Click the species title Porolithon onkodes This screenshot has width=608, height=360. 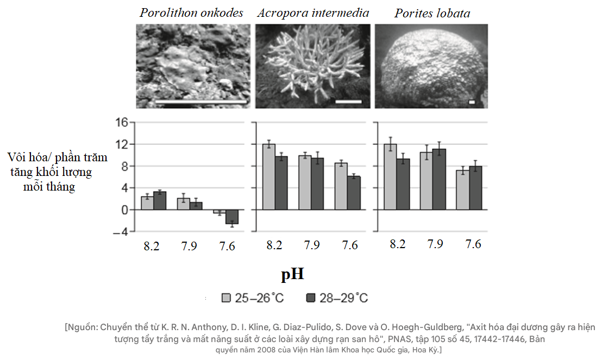click(x=191, y=13)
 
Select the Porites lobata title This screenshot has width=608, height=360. click(x=432, y=13)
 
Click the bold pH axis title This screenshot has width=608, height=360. click(x=292, y=275)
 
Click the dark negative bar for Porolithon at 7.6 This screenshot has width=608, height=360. click(x=232, y=217)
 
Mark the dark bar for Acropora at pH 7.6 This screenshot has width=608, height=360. click(x=354, y=193)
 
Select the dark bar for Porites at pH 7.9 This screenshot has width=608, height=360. click(x=439, y=179)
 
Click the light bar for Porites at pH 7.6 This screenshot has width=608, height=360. click(x=462, y=190)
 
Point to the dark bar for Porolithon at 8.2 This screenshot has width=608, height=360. click(x=159, y=200)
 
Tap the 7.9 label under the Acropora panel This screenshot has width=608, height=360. click(x=311, y=245)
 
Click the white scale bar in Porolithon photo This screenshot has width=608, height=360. click(x=201, y=101)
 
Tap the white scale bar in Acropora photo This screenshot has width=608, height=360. click(x=348, y=101)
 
